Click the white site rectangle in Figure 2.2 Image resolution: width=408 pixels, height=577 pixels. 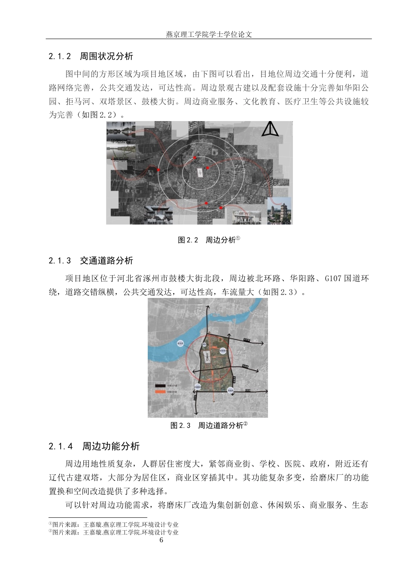pos(200,172)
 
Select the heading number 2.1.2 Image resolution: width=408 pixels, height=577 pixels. pos(59,56)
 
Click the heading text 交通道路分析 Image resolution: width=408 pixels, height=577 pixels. pos(107,261)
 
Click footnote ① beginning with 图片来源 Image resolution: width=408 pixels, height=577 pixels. pos(113,525)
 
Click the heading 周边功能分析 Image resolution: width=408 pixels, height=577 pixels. pos(111,446)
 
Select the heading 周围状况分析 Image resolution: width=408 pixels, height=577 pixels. pos(107,56)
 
